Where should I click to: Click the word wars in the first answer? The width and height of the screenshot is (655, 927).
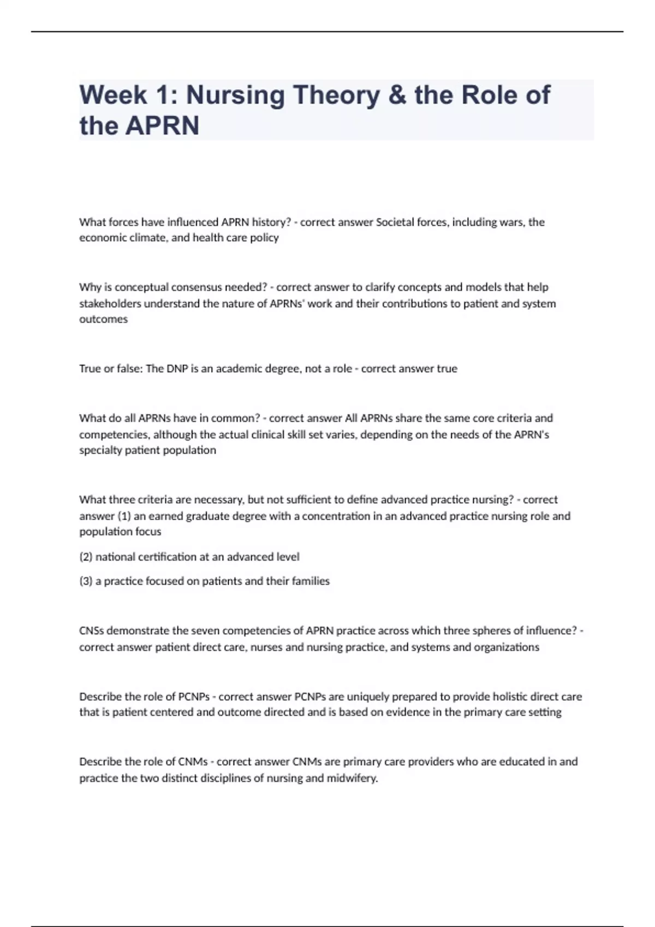pos(511,222)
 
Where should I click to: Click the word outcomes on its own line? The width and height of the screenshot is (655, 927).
pos(103,320)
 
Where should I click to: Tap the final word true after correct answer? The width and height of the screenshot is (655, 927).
pos(447,369)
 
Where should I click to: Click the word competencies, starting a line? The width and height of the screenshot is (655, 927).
pos(114,435)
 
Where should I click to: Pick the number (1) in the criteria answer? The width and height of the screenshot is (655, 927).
pos(124,516)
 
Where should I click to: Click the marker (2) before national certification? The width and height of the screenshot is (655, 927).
pos(86,557)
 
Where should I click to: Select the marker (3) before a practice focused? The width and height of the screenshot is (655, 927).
pos(86,581)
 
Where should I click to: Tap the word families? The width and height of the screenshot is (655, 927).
pos(311,581)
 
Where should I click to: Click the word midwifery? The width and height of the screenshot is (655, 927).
pos(352,778)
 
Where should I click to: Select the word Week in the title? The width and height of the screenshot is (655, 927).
pos(113,95)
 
